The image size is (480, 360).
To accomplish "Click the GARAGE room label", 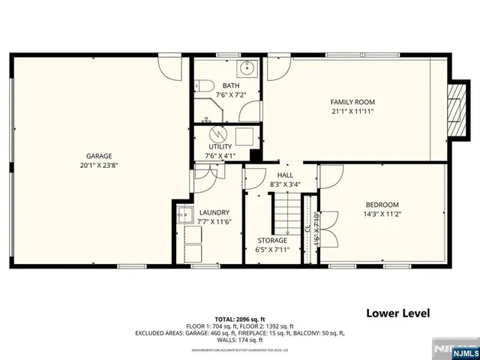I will click(x=98, y=156).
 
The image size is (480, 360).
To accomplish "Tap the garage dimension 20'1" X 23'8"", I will click(x=98, y=166).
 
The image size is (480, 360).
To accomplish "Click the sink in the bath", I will click(x=246, y=70).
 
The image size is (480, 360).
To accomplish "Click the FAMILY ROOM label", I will click(x=352, y=102).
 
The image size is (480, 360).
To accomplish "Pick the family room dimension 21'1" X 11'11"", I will click(x=352, y=111).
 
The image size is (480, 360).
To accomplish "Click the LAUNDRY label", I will click(x=214, y=212).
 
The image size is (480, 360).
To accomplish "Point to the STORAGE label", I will click(x=273, y=240).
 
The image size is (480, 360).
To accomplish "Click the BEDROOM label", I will click(x=382, y=205).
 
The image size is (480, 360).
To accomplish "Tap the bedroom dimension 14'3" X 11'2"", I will click(x=382, y=214).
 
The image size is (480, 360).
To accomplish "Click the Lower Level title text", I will click(x=398, y=312).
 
